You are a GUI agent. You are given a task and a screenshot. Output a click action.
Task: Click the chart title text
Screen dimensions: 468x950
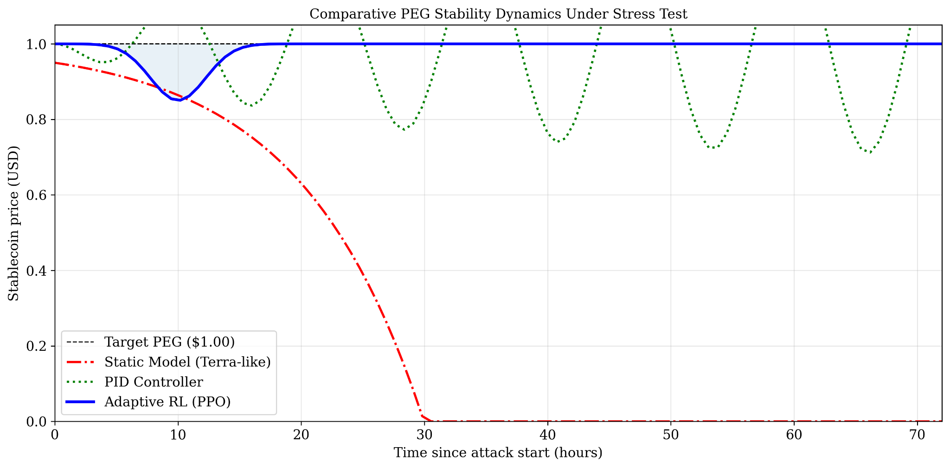pos(498,14)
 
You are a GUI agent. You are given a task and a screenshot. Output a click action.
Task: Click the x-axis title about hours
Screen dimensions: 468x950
pos(498,453)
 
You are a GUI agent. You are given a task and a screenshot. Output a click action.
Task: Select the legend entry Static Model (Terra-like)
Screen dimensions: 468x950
pos(187,362)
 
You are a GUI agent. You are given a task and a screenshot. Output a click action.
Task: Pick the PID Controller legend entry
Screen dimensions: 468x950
pos(154,382)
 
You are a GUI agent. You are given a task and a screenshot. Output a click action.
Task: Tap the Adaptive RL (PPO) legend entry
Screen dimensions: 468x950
pos(167,402)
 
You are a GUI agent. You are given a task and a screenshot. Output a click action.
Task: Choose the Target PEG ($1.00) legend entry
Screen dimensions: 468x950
pos(169,342)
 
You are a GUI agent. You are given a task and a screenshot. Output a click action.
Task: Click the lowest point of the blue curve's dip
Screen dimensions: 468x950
pos(180,100)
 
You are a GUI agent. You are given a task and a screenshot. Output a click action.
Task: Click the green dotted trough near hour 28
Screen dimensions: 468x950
pos(405,129)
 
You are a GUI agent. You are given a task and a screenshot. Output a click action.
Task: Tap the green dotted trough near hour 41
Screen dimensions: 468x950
pos(559,141)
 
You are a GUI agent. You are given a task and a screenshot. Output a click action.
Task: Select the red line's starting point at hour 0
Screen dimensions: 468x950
pos(56,63)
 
